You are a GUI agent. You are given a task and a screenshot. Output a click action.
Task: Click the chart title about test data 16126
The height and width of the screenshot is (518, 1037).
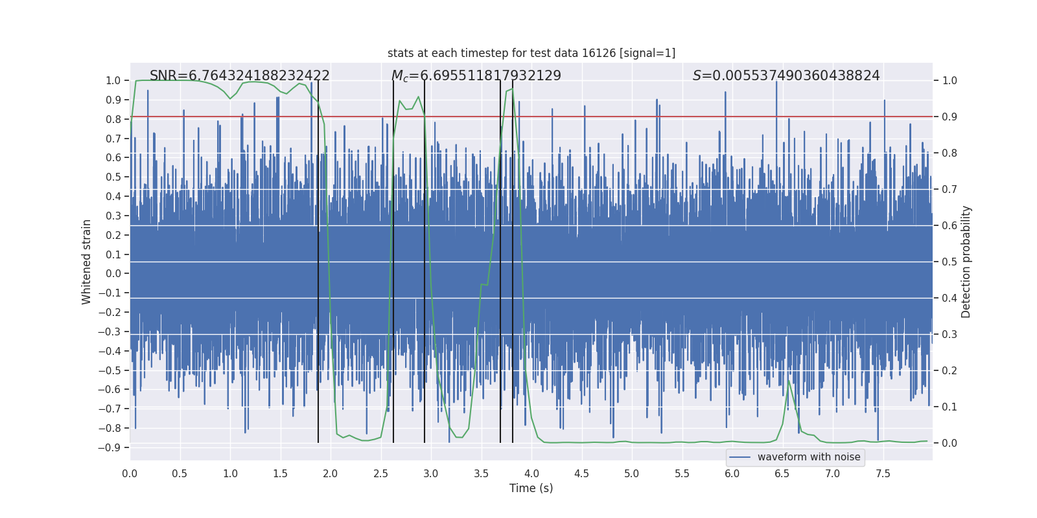pos(531,53)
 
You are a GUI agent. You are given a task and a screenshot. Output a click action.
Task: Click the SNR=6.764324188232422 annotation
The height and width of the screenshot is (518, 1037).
pos(240,76)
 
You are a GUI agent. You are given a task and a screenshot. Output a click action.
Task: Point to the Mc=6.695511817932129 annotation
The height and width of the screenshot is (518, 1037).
pos(476,76)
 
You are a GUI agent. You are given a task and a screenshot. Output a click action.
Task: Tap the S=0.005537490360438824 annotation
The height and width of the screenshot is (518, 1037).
pos(786,76)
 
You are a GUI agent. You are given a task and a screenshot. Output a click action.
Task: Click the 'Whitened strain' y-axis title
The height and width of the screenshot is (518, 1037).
pos(87,262)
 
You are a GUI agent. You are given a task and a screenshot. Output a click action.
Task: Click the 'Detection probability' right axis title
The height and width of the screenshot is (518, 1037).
pos(966,262)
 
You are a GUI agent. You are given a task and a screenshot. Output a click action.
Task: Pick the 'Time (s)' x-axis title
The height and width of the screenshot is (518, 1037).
pos(531,488)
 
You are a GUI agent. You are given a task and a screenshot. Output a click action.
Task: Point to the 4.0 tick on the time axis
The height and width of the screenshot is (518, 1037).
pos(531,473)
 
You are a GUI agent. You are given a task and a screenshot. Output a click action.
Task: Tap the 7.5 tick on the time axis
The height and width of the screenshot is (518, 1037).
pos(883,473)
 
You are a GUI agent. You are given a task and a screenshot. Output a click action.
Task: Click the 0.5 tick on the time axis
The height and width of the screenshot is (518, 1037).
pos(180,473)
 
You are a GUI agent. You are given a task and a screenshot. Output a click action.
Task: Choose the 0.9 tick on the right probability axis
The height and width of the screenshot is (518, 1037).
pos(950,117)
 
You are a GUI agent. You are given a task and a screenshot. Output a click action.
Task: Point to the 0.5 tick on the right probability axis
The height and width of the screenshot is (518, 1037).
pos(950,262)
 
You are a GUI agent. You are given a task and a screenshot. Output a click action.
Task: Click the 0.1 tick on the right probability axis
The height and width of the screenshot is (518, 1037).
pos(950,407)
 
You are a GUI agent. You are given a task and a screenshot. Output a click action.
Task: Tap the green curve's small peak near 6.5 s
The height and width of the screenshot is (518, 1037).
pos(789,381)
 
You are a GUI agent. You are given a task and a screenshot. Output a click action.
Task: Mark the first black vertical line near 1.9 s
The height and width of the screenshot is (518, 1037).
pos(318,259)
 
